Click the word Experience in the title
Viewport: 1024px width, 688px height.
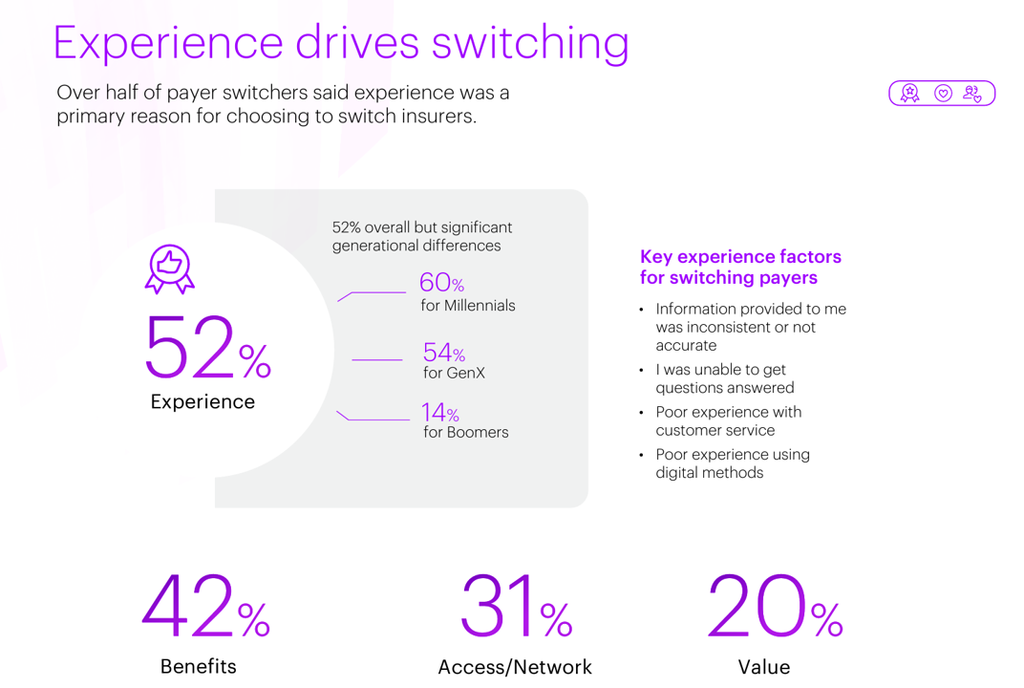168,43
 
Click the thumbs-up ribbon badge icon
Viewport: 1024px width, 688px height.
170,269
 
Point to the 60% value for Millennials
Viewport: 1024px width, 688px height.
441,283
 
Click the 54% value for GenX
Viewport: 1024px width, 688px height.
443,353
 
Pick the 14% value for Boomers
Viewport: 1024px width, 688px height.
440,413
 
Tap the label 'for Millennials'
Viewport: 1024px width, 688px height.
467,306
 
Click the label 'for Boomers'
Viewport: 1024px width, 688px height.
465,432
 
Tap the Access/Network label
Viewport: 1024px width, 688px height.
515,667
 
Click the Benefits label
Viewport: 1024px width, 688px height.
198,666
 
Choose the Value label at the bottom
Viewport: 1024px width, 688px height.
764,667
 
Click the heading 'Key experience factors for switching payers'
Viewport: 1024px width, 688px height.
740,268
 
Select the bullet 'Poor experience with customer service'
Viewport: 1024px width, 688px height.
728,421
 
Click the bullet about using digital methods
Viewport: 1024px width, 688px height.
732,463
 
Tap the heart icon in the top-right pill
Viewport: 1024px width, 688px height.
943,94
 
